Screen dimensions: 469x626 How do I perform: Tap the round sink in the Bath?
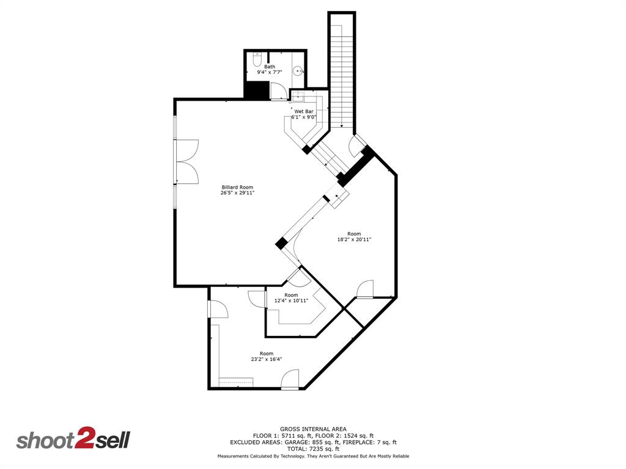click(298, 71)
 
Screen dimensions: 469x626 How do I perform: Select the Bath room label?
click(270, 67)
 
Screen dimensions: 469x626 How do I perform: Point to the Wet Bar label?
click(303, 112)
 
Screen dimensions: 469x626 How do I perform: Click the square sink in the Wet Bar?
click(295, 96)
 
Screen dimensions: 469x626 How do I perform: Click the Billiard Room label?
click(237, 187)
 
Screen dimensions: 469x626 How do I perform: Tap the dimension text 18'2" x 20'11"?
click(354, 239)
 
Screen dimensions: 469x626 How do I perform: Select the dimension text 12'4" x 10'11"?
click(291, 300)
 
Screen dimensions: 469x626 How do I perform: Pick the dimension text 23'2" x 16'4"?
click(266, 359)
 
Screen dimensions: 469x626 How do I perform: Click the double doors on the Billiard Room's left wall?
click(186, 161)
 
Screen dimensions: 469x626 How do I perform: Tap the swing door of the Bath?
click(277, 90)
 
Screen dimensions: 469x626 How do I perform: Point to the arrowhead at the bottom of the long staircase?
click(342, 126)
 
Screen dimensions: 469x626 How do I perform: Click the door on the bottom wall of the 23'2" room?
click(290, 380)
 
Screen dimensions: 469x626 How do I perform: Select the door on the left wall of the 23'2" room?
click(217, 309)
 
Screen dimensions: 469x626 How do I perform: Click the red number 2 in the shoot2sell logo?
click(83, 440)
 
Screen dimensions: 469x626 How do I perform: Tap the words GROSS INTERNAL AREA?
click(313, 429)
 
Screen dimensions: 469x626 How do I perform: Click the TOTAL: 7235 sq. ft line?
click(313, 448)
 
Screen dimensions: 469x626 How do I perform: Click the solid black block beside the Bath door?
click(256, 89)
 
